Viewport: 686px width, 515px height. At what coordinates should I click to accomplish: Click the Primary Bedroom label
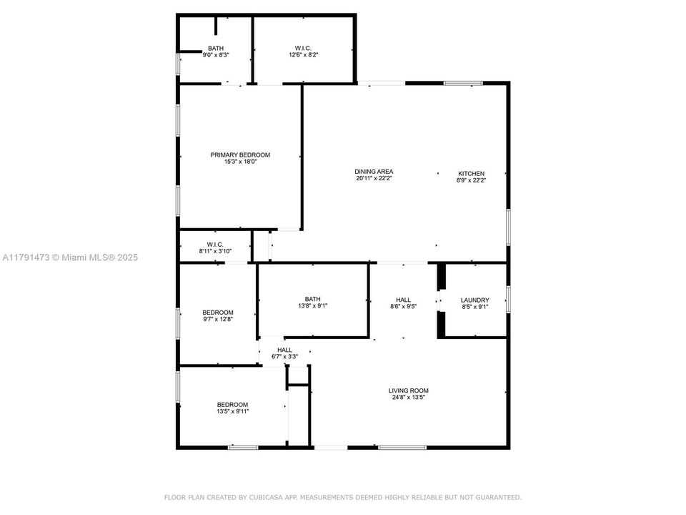[x=240, y=154]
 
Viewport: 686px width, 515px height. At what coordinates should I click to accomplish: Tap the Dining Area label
[x=374, y=172]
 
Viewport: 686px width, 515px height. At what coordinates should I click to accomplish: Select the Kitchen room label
[x=471, y=173]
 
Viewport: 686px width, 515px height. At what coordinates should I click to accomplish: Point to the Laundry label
[x=474, y=300]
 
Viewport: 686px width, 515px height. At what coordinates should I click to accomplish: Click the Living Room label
[x=409, y=391]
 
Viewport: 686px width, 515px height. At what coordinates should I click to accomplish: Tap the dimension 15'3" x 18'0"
[x=240, y=162]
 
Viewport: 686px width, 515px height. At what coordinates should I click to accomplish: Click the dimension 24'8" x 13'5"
[x=409, y=398]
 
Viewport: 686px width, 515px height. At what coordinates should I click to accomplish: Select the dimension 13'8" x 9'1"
[x=313, y=305]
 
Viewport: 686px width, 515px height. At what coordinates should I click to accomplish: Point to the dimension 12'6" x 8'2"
[x=303, y=55]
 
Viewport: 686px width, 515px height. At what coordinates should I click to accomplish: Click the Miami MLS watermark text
[x=70, y=257]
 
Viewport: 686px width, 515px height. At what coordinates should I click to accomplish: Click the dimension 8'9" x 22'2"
[x=471, y=180]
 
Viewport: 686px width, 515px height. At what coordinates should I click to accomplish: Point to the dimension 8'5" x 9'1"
[x=474, y=307]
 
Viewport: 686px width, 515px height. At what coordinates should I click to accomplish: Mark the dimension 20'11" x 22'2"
[x=374, y=178]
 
